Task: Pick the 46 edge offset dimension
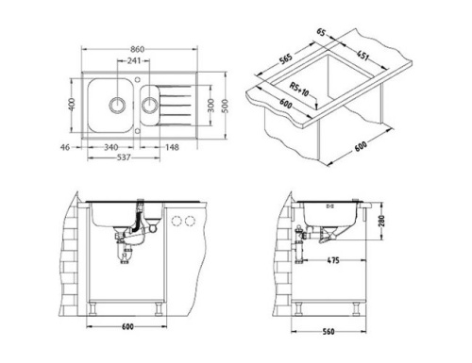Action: [x=65, y=147]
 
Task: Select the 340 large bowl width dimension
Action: [x=111, y=147]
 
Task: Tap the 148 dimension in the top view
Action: [x=174, y=147]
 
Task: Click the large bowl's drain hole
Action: [x=119, y=102]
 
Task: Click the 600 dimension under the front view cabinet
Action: [x=127, y=326]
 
